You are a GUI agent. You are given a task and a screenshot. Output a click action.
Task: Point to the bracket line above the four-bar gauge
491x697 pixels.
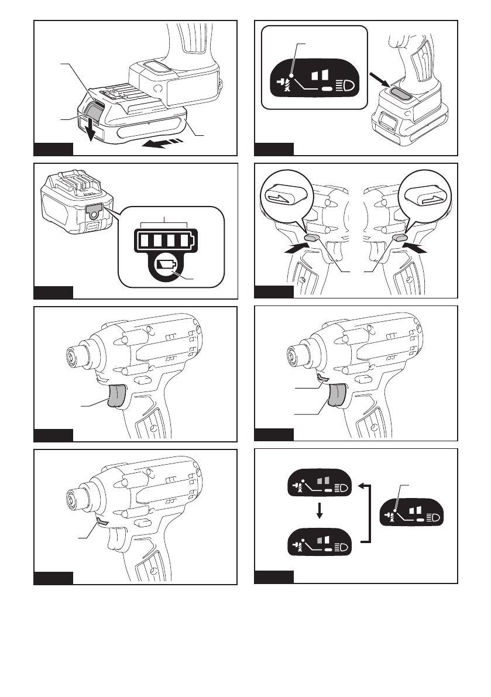point(164,222)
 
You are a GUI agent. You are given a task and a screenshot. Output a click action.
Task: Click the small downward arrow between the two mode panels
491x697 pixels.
point(320,511)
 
